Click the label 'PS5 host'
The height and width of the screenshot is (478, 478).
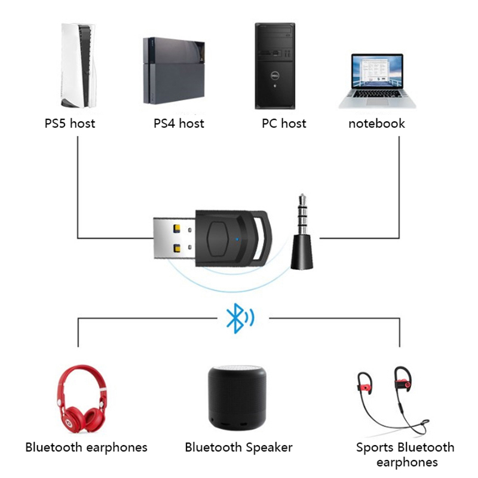coord(70,124)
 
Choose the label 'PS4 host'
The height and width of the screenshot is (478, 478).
coord(179,124)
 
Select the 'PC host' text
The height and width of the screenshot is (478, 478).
coord(284,124)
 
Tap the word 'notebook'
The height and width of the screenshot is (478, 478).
coord(377,124)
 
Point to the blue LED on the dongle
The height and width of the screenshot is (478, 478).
coord(239,241)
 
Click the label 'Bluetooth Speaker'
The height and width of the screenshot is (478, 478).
coord(239,447)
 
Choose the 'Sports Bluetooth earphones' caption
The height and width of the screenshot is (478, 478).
coord(405,455)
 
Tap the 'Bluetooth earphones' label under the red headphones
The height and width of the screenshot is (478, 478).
coord(86,447)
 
